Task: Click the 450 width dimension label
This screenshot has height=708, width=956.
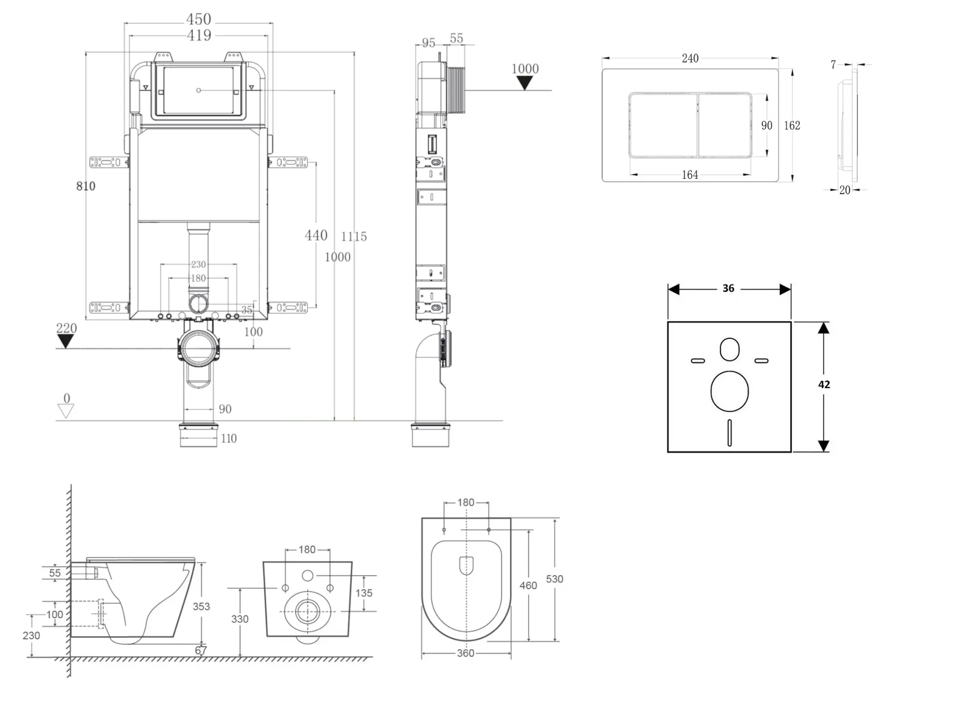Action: pos(199,19)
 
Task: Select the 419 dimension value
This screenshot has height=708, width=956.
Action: pos(199,35)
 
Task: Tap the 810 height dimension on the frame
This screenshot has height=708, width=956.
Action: pos(86,186)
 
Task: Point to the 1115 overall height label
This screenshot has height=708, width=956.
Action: pos(354,236)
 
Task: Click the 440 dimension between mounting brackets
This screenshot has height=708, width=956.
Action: pos(316,235)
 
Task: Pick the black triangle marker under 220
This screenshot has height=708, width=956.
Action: pos(65,341)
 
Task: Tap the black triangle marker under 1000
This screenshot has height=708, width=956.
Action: pos(524,83)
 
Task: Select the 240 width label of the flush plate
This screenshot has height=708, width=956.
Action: pos(690,58)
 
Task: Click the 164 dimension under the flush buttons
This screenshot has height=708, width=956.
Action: pos(690,175)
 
